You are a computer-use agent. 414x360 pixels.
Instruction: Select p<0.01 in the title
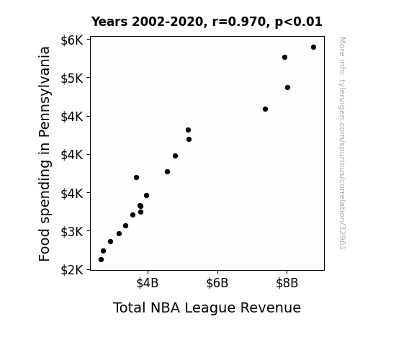(299, 22)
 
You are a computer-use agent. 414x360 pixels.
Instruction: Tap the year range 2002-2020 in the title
(167, 22)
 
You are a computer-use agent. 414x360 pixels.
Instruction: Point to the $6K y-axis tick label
(72, 40)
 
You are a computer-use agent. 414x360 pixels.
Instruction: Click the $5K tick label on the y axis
(72, 78)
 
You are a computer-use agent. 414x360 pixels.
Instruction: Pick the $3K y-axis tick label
(72, 232)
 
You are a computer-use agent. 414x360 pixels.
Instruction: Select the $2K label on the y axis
(72, 270)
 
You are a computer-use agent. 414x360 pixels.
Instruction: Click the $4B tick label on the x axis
(148, 283)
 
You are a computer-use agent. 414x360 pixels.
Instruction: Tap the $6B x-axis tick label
(217, 283)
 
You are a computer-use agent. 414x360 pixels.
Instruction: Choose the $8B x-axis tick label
(287, 283)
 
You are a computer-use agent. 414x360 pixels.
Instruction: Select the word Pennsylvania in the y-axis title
(45, 92)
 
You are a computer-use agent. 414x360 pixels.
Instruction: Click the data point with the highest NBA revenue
(313, 48)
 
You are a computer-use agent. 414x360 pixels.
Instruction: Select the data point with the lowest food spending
(101, 260)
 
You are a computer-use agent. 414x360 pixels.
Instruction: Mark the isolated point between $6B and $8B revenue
(266, 109)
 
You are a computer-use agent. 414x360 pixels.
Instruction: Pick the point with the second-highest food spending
(284, 58)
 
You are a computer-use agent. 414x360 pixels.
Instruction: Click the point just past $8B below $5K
(287, 87)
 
